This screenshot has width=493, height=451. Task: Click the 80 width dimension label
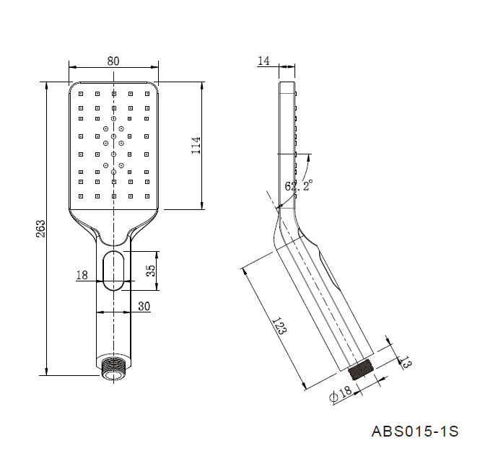pyautogui.click(x=113, y=61)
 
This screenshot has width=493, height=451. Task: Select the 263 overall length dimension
pyautogui.click(x=41, y=229)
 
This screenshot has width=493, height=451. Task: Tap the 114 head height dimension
pyautogui.click(x=196, y=145)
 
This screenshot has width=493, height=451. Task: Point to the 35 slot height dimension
pyautogui.click(x=152, y=271)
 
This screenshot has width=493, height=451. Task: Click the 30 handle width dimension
pyautogui.click(x=144, y=306)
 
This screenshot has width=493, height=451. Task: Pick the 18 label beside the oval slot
pyautogui.click(x=82, y=276)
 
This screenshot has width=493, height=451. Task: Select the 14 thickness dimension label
pyautogui.click(x=263, y=61)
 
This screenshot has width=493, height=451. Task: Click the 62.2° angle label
pyautogui.click(x=299, y=185)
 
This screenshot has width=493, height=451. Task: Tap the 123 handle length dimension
pyautogui.click(x=279, y=326)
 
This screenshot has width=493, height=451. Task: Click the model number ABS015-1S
pyautogui.click(x=415, y=432)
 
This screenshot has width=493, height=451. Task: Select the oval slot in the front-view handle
pyautogui.click(x=113, y=271)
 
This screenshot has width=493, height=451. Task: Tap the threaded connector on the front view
pyautogui.click(x=113, y=369)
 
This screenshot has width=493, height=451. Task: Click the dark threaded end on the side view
pyautogui.click(x=361, y=370)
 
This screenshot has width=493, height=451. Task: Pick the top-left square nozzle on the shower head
pyautogui.click(x=81, y=94)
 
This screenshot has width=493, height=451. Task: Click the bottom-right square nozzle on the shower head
pyautogui.click(x=147, y=196)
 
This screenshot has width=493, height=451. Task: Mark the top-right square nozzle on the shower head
pyautogui.click(x=147, y=94)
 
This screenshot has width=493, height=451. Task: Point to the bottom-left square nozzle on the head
pyautogui.click(x=81, y=196)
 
